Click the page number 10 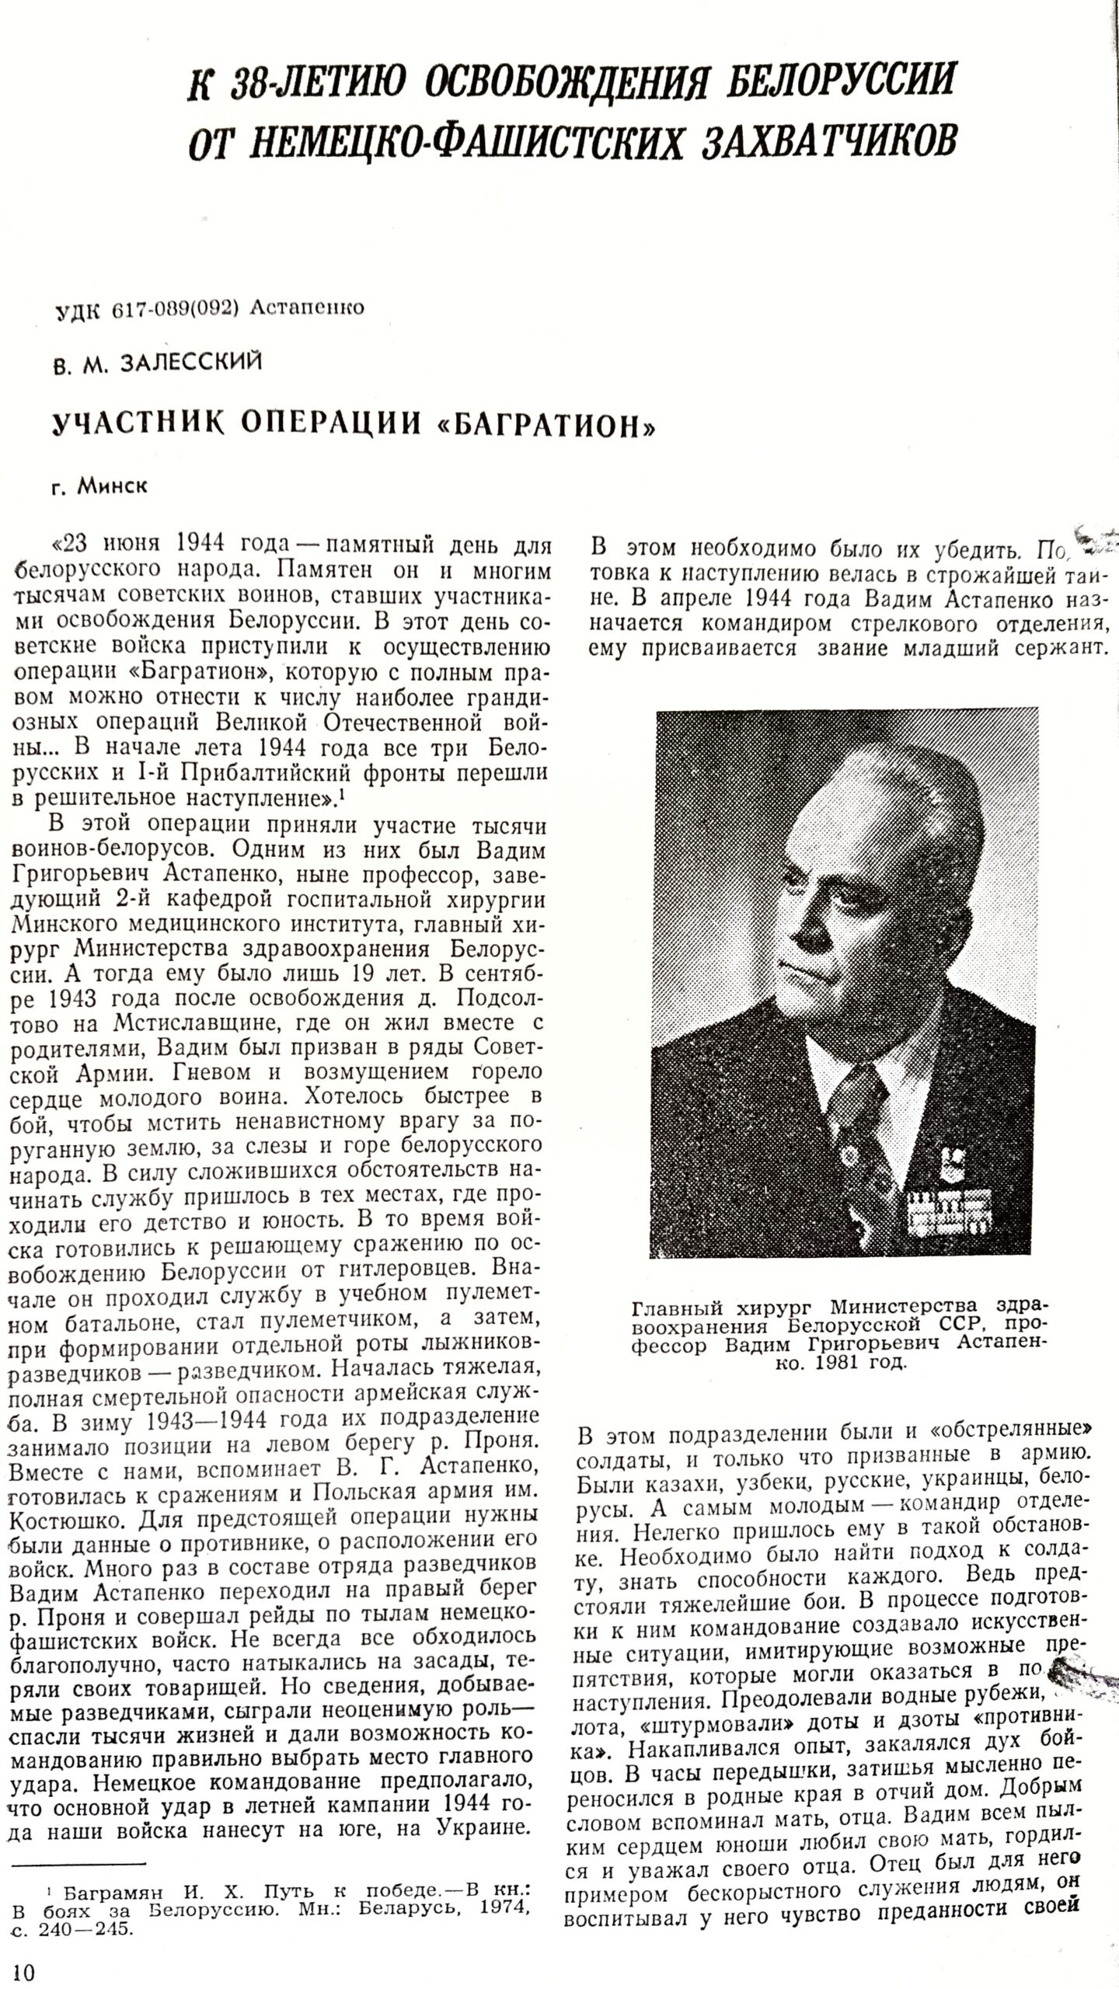click(24, 1968)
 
